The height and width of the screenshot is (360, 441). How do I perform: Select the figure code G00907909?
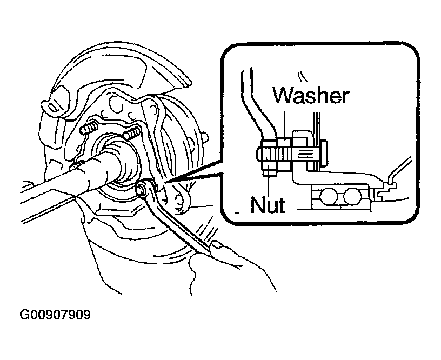click(x=55, y=315)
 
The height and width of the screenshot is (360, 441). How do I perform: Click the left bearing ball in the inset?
click(x=328, y=196)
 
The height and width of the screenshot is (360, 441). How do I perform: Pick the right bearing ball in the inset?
click(x=352, y=196)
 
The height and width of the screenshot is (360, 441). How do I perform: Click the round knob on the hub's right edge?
click(x=204, y=137)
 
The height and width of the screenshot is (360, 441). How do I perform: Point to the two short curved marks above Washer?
click(x=301, y=77)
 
